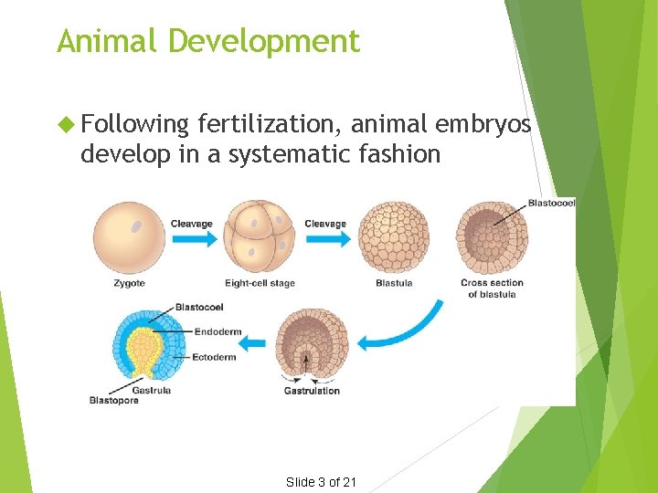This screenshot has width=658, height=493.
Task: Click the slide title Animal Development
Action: pos(208,41)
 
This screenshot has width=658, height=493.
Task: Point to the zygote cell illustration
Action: pos(129,236)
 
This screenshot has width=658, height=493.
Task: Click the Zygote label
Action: pos(129,283)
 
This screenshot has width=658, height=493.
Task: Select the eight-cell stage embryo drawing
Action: pos(260,236)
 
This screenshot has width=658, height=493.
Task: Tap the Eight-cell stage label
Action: pos(260,283)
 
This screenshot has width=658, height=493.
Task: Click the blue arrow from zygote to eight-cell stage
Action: pos(194,238)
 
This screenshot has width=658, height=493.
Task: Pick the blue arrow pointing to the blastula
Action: pos(327,238)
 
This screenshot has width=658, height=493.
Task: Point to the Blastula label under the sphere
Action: pos(394,283)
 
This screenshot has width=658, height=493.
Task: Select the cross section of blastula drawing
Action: pos(492,237)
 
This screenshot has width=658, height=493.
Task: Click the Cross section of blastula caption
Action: pos(492,288)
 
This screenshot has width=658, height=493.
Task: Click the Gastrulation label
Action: pos(312,391)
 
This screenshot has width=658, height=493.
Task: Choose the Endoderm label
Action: pos(213,332)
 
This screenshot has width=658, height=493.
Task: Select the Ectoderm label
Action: pos(214,357)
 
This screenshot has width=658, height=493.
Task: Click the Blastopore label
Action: pos(113,400)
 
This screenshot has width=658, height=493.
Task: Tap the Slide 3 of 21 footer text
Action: pos(321,482)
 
